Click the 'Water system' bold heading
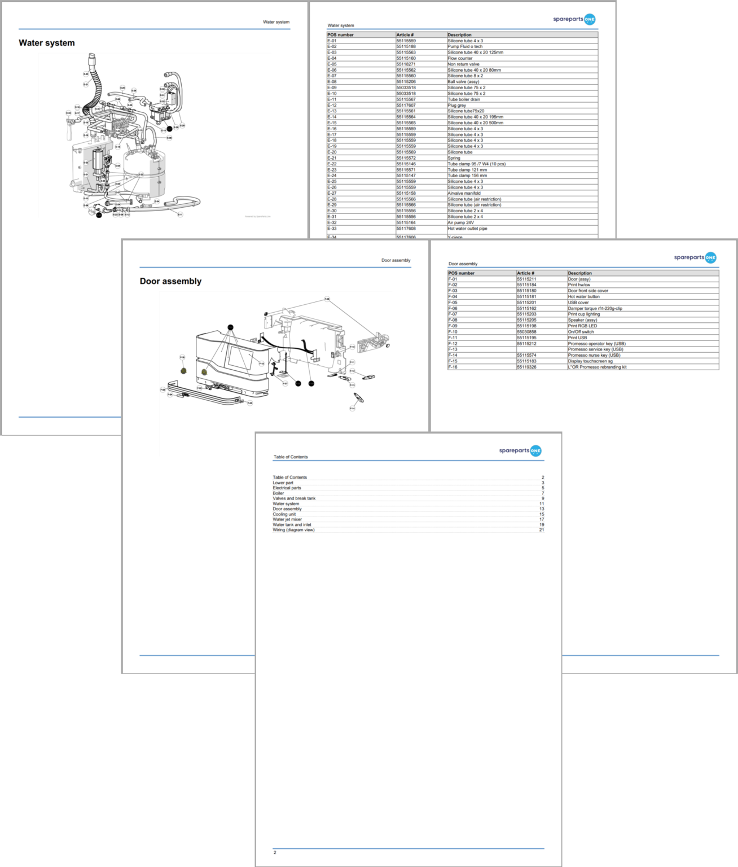(47, 43)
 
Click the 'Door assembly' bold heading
(170, 281)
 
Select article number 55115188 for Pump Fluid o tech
(406, 46)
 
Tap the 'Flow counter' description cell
(460, 58)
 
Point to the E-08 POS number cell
(332, 82)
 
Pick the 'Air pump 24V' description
(460, 222)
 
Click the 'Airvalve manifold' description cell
(464, 193)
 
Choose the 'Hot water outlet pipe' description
(467, 229)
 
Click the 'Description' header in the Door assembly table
(579, 273)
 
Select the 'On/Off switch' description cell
(581, 332)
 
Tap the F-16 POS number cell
(453, 367)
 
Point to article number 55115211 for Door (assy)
(526, 279)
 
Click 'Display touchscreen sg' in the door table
(590, 361)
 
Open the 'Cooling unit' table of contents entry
(284, 514)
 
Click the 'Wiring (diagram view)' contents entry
(293, 530)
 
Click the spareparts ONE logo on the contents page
(520, 450)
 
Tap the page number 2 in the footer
(275, 852)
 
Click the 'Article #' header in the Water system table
(405, 35)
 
